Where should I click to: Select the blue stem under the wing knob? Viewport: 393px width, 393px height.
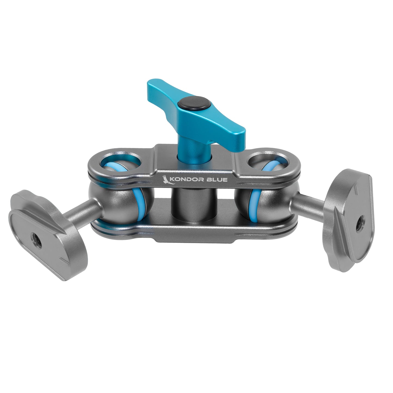pyautogui.click(x=188, y=147)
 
